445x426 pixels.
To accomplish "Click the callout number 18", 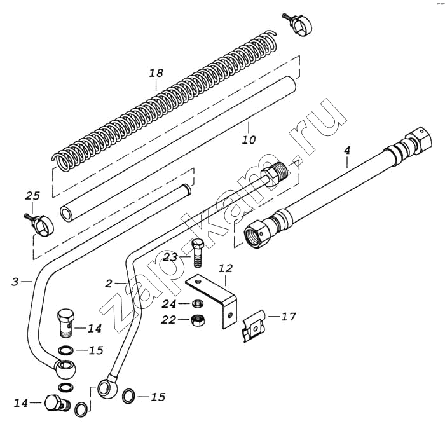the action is click(156, 73).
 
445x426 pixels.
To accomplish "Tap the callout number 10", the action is click(249, 140).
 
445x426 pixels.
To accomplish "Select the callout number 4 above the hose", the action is click(347, 150).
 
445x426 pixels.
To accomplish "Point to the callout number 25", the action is click(32, 196).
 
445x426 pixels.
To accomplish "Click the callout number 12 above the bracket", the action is click(226, 268).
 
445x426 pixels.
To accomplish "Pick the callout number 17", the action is click(289, 316).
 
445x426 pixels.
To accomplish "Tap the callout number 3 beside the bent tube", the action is click(15, 282).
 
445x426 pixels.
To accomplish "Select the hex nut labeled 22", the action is click(198, 320).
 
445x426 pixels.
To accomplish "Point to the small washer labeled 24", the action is click(197, 304).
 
